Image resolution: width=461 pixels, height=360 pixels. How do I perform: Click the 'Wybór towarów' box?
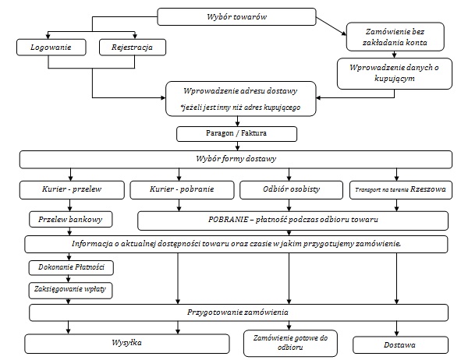coord(236,16)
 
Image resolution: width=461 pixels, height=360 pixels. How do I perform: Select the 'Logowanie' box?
coord(51,48)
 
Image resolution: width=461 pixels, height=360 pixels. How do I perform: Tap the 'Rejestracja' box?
coord(133,48)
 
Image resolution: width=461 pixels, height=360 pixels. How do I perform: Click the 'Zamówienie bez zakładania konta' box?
coord(395,37)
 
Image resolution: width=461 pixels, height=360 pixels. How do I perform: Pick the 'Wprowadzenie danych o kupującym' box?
coord(394,73)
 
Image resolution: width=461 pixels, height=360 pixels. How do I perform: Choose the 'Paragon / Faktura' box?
coord(236,134)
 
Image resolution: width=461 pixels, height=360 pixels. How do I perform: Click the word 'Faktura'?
coord(254,133)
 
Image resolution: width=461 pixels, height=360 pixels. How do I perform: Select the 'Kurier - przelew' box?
coord(72,189)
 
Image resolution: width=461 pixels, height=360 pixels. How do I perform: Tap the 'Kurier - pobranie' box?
coord(182,189)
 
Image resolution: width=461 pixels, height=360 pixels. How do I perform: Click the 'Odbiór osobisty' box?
coord(292,189)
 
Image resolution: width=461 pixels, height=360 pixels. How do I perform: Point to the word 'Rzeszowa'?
coord(428,189)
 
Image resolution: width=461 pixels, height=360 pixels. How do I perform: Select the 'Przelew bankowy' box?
coord(70,219)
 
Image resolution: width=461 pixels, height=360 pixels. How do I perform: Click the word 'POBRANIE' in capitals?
coord(228,219)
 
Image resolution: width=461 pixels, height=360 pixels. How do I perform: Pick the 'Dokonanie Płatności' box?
coord(71,267)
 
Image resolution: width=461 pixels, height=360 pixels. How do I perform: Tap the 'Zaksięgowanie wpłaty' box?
coord(70,291)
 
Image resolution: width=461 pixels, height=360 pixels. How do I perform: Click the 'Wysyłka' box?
coord(126,344)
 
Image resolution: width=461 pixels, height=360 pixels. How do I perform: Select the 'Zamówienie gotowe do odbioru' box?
coord(290,343)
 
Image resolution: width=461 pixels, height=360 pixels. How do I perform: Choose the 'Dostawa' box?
coord(400,345)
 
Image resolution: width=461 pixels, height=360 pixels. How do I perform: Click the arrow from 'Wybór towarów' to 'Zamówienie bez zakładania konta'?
coord(332,26)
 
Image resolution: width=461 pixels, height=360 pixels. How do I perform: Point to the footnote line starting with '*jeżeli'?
coord(240,108)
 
